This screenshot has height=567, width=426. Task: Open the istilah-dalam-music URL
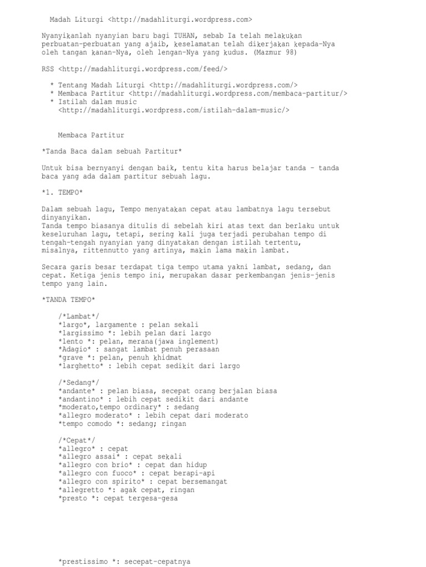[174, 110]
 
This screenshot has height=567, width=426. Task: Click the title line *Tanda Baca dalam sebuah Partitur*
[111, 151]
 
